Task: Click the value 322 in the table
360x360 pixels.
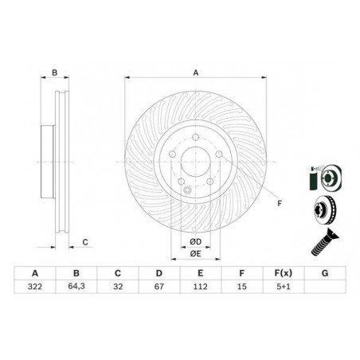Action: pyautogui.click(x=35, y=287)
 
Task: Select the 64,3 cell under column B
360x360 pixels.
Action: pyautogui.click(x=76, y=287)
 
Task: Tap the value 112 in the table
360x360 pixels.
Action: pyautogui.click(x=201, y=287)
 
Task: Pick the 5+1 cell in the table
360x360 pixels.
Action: pyautogui.click(x=284, y=287)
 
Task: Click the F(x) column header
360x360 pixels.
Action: pyautogui.click(x=284, y=273)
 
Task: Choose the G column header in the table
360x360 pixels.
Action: pyautogui.click(x=325, y=273)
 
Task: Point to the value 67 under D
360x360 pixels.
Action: pyautogui.click(x=159, y=287)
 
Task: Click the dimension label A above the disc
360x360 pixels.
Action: pyautogui.click(x=196, y=72)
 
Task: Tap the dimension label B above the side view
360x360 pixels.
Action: pyautogui.click(x=55, y=72)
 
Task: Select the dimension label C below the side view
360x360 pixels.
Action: pyautogui.click(x=85, y=242)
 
